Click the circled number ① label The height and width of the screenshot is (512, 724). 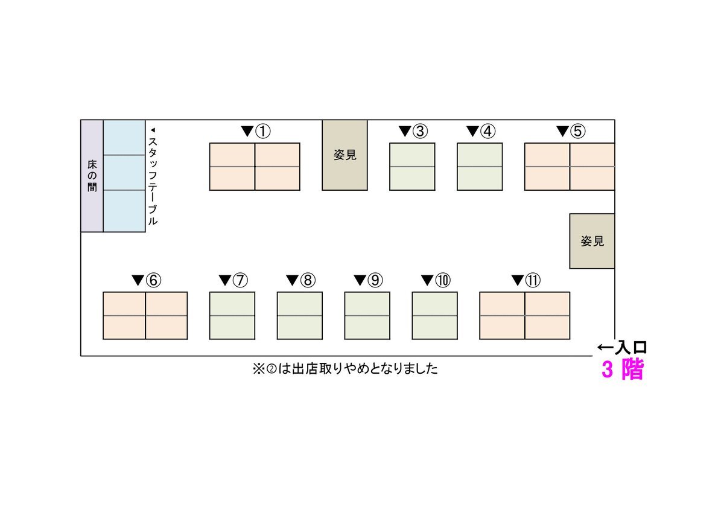pyautogui.click(x=263, y=131)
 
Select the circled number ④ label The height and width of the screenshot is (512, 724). pyautogui.click(x=487, y=131)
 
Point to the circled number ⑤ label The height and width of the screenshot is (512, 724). pyautogui.click(x=577, y=131)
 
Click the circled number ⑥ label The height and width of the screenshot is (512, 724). pyautogui.click(x=153, y=280)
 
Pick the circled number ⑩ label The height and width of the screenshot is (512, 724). pyautogui.click(x=443, y=280)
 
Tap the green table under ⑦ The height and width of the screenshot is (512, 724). pyautogui.click(x=232, y=316)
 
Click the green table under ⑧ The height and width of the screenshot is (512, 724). pyautogui.click(x=300, y=316)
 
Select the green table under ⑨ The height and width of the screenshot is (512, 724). pyautogui.click(x=367, y=316)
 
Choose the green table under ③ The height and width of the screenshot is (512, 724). pyautogui.click(x=412, y=167)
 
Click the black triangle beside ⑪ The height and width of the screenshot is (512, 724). pyautogui.click(x=518, y=280)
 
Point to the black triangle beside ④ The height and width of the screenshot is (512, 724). pyautogui.click(x=472, y=131)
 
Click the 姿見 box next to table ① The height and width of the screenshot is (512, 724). pyautogui.click(x=345, y=155)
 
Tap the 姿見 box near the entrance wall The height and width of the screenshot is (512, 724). pyautogui.click(x=592, y=241)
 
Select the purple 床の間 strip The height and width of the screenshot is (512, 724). pyautogui.click(x=92, y=176)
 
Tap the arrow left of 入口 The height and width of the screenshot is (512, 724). pyautogui.click(x=605, y=348)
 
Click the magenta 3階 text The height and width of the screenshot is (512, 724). pyautogui.click(x=623, y=369)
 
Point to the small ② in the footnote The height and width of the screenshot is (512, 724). pyautogui.click(x=272, y=369)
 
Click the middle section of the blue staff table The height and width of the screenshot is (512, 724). pyautogui.click(x=124, y=173)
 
